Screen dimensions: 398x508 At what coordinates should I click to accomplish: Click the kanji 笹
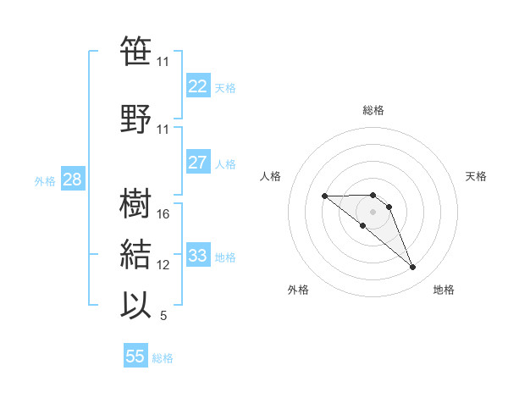(136, 53)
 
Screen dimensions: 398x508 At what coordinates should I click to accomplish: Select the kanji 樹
(136, 204)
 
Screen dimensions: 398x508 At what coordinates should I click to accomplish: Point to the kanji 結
(136, 255)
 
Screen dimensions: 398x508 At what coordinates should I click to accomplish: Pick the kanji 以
(136, 306)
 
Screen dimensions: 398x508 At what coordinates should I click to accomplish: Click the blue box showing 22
(197, 86)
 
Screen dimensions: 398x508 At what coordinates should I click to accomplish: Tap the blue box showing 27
(197, 163)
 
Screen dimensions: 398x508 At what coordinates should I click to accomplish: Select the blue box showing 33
(197, 255)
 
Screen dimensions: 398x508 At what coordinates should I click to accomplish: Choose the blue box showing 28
(72, 180)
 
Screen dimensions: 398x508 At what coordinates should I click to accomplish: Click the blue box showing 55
(135, 357)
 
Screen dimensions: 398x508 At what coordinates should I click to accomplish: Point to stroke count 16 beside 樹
(163, 214)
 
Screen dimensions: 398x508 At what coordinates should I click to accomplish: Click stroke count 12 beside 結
(163, 265)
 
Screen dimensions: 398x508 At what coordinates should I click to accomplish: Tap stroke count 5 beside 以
(163, 316)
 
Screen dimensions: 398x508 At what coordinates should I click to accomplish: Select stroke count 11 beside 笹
(163, 62)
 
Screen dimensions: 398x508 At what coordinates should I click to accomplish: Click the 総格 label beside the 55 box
(163, 358)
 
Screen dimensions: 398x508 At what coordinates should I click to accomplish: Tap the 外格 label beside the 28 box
(45, 181)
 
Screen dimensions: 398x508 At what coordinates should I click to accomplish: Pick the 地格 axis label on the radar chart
(444, 290)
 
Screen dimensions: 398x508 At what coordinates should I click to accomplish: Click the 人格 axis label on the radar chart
(271, 176)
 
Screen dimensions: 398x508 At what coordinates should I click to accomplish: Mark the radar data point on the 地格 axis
(412, 268)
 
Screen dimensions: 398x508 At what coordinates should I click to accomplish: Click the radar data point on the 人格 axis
(324, 196)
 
